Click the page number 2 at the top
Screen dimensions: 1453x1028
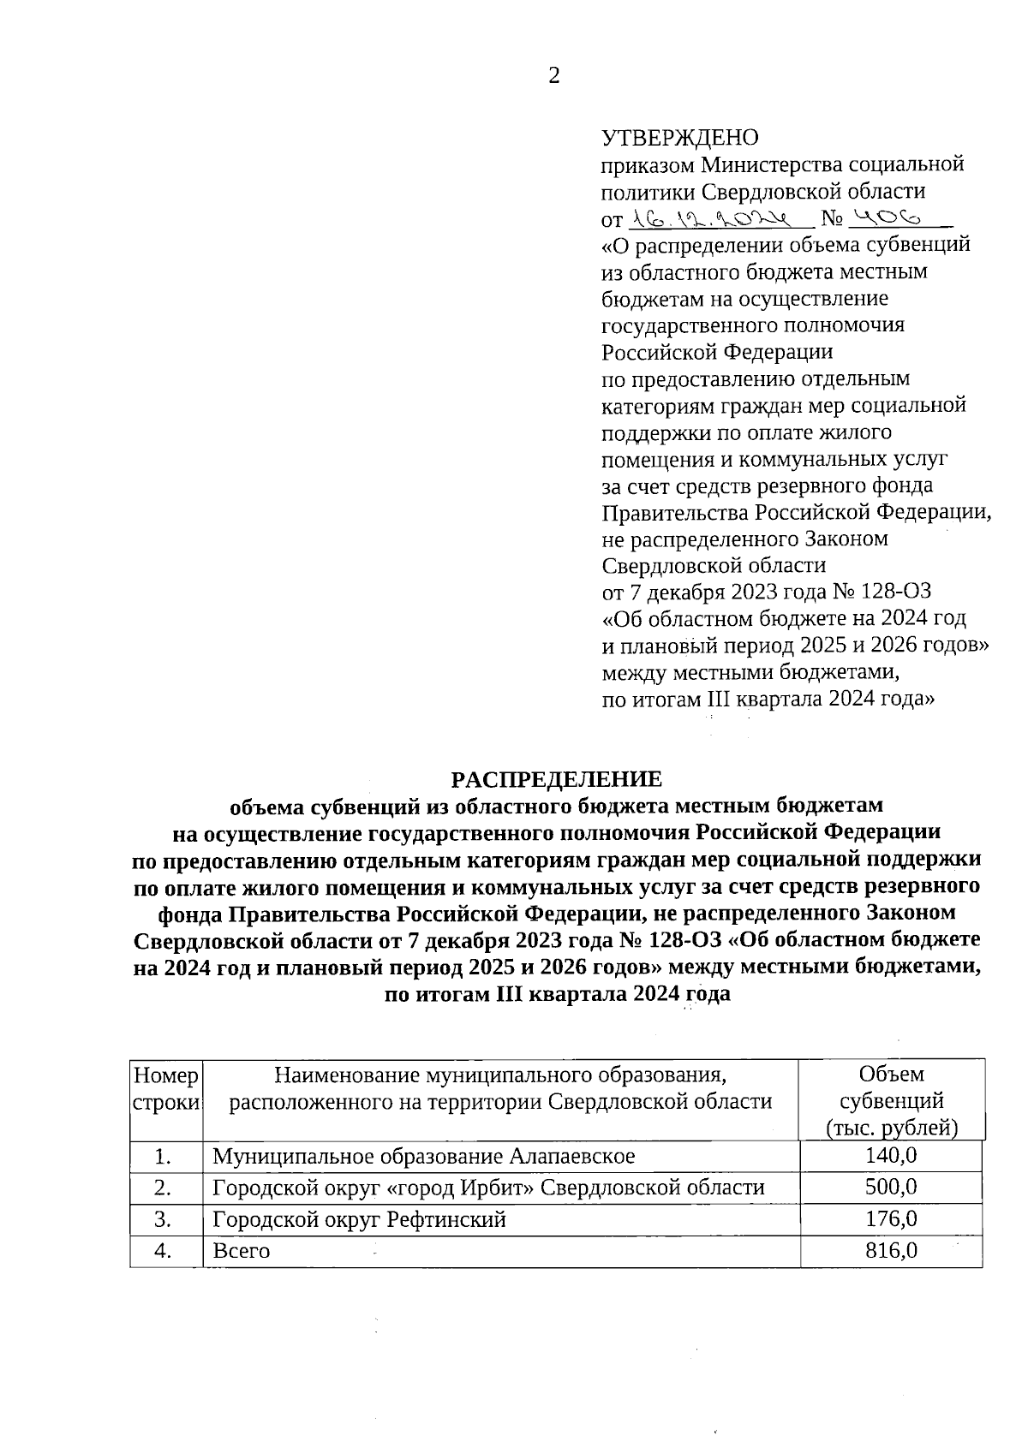(553, 76)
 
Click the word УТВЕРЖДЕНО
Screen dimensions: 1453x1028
(680, 138)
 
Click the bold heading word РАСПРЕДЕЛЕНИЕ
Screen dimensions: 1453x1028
(557, 779)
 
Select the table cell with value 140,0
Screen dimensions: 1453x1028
(891, 1156)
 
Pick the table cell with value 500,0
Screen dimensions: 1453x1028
(891, 1188)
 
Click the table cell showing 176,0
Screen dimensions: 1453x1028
(891, 1218)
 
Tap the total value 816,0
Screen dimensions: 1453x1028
(891, 1250)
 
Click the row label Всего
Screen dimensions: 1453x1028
(241, 1251)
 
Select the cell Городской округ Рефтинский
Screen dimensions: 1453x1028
(359, 1219)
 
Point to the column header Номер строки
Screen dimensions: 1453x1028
(166, 1087)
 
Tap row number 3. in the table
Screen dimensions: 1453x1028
(165, 1219)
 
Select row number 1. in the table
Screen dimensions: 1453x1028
(165, 1157)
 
